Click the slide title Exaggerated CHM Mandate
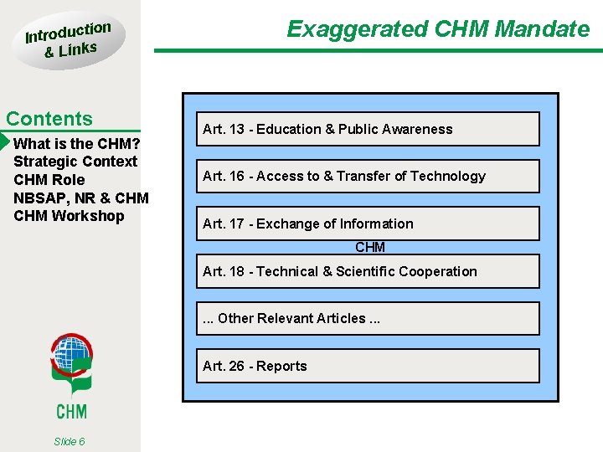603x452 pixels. coord(438,29)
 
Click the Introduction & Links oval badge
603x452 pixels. coord(68,40)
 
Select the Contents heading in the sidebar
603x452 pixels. coord(49,119)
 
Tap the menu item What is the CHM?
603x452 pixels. coord(76,143)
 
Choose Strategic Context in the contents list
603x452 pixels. coord(75,162)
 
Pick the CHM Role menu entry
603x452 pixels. coord(49,180)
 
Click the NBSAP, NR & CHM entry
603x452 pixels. coord(81,198)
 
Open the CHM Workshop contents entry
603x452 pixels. coord(69,216)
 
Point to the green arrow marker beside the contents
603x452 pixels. coord(4,141)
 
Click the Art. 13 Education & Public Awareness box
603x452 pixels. coord(368,129)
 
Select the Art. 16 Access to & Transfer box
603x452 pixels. coord(368,176)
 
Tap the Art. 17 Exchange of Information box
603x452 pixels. coord(368,223)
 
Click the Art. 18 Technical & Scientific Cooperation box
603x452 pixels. coord(368,271)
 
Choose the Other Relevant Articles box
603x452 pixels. coord(368,318)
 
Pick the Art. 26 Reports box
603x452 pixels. coord(368,366)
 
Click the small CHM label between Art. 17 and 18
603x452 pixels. coord(370,247)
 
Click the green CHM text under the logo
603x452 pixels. coord(71,410)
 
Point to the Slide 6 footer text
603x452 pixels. coord(69,441)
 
